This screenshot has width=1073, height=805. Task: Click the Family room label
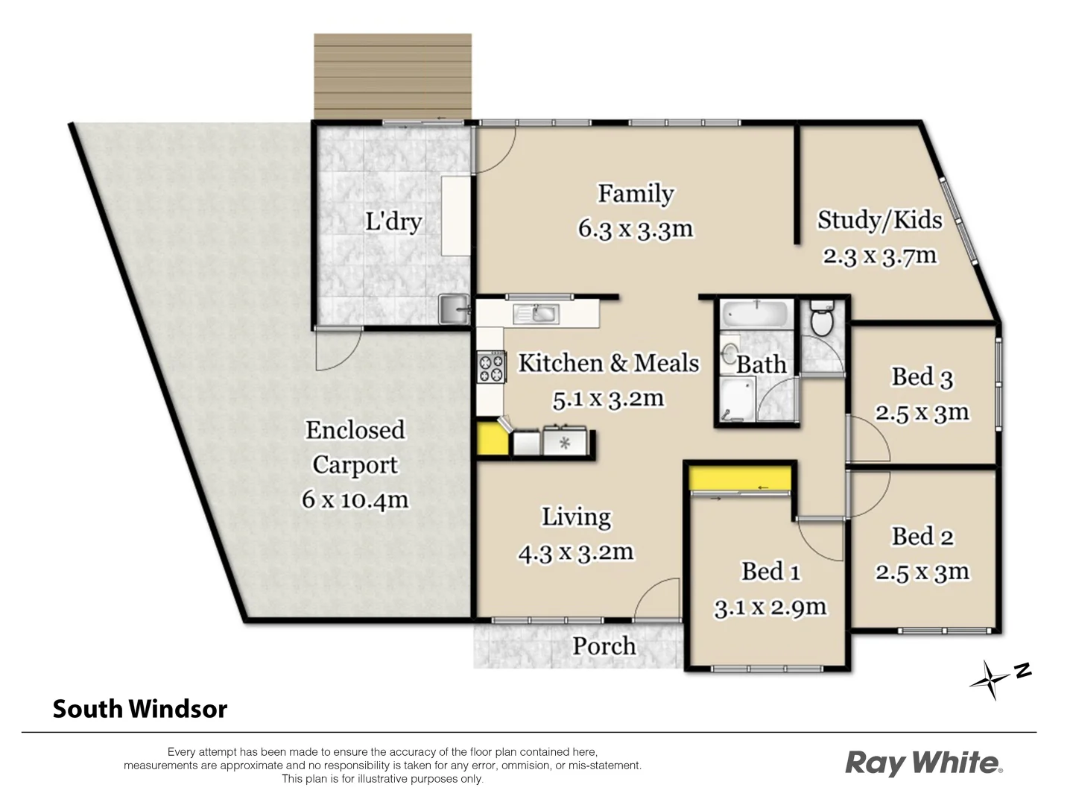635,194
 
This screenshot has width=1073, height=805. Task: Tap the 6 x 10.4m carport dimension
355,499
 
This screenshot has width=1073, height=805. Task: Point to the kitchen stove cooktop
491,367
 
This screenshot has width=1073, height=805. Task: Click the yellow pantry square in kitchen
493,439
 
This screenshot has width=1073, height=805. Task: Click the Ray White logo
923,763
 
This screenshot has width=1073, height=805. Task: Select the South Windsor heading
139,709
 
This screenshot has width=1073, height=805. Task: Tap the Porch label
604,645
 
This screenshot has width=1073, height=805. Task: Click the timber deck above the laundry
393,75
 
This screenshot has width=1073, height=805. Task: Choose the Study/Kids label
879,220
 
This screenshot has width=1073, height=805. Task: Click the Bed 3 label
922,377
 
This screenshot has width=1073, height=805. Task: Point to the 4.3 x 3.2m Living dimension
575,552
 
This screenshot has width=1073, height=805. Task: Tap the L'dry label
393,222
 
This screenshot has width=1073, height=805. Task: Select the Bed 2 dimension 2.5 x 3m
922,572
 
